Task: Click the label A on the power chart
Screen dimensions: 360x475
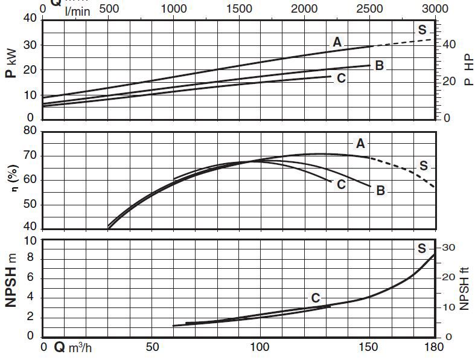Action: (337, 42)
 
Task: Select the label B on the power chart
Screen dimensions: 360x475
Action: (379, 65)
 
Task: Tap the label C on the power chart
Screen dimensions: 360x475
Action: (341, 78)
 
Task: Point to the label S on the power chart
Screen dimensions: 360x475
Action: (422, 30)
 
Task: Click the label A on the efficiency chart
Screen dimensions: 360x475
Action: (360, 143)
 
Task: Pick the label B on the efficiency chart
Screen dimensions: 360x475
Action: (380, 191)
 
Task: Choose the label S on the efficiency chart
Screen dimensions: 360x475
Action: (423, 166)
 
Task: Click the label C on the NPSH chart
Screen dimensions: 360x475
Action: (315, 298)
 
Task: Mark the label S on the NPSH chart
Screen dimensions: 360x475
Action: (422, 248)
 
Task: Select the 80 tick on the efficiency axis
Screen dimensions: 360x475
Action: (30, 130)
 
